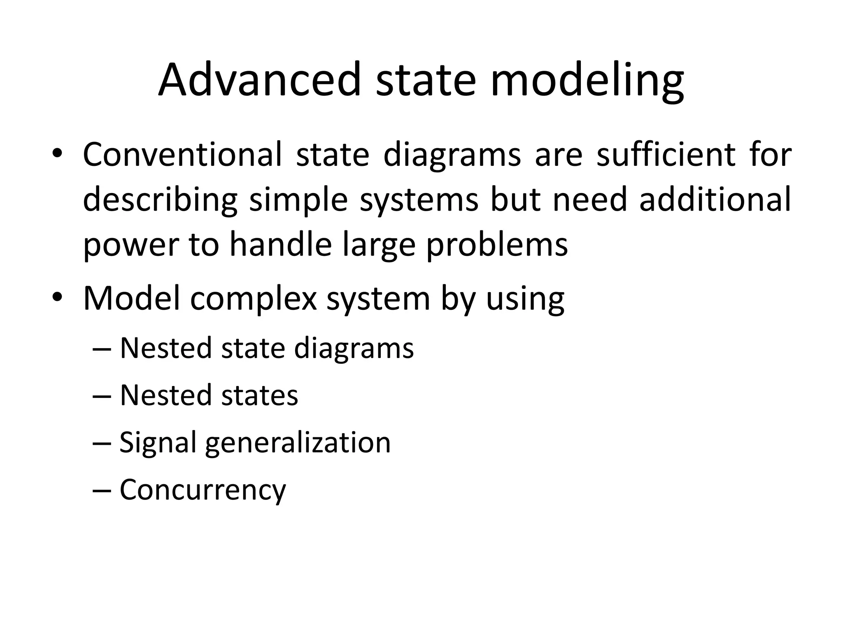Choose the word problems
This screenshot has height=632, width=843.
(x=497, y=245)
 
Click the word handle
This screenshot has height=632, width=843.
(x=280, y=244)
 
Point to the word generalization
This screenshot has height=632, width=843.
(x=298, y=443)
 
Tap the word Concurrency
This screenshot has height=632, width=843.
(x=203, y=490)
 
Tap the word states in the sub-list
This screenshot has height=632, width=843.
(x=259, y=395)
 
